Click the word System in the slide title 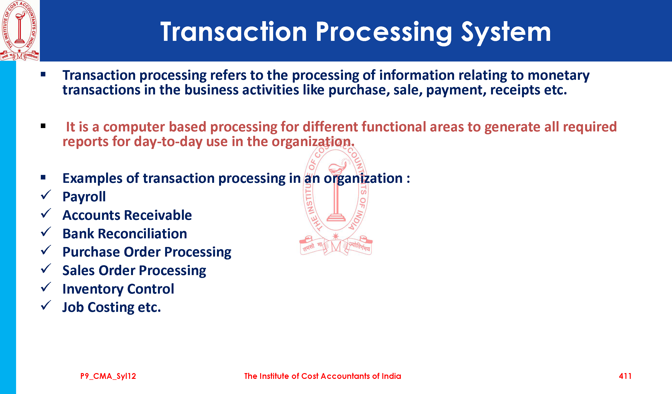(506, 33)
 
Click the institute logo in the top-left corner (19, 31)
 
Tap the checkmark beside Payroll (46, 195)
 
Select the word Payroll (84, 197)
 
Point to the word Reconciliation (142, 234)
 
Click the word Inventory (93, 289)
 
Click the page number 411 (625, 376)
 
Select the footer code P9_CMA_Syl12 (108, 376)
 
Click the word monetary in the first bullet (558, 75)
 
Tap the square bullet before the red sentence (43, 126)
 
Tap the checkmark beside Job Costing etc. (46, 305)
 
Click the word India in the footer (391, 376)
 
